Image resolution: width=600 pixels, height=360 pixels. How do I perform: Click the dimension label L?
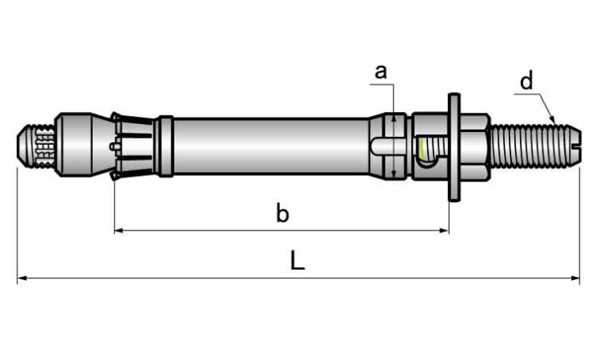click(297, 261)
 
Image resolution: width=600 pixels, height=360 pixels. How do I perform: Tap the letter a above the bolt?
click(381, 71)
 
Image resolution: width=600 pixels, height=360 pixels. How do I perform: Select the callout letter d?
click(526, 81)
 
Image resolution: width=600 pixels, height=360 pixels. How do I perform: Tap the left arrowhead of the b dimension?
click(118, 230)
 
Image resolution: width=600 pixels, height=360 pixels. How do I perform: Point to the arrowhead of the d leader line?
click(554, 120)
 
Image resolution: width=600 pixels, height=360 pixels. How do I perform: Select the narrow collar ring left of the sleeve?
click(166, 146)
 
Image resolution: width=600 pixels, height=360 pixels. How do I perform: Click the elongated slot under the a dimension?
click(386, 146)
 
